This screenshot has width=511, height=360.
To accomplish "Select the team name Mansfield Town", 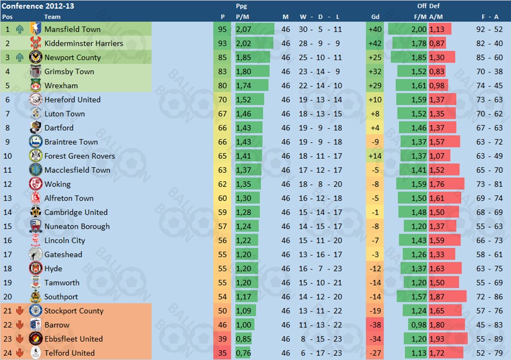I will click(x=72, y=29).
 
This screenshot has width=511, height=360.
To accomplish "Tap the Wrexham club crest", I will click(x=36, y=86).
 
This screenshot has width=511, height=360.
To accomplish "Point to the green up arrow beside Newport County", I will click(x=20, y=57).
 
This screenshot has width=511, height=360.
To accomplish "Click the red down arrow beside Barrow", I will click(x=20, y=325).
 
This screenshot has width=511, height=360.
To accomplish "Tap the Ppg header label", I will click(x=242, y=7).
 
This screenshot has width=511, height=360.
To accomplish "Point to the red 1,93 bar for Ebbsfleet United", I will click(x=448, y=339).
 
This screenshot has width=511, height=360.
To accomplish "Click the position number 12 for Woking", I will click(x=8, y=184).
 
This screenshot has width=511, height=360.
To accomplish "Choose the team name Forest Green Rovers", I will click(x=80, y=156).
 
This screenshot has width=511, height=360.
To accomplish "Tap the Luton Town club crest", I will click(x=36, y=114).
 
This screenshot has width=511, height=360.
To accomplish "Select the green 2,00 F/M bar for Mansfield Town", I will click(x=408, y=29).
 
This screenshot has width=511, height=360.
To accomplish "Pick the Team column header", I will click(x=52, y=17).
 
